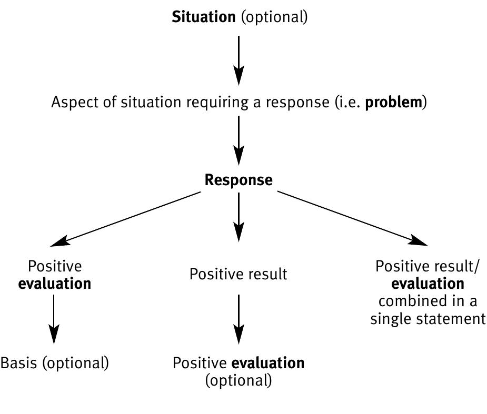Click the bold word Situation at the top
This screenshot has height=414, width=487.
[x=204, y=17]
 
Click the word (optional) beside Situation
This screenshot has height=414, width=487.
[x=274, y=17]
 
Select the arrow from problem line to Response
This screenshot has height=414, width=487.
[x=238, y=139]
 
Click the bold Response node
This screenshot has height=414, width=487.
[x=238, y=180]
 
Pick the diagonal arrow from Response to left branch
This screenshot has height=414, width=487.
[x=126, y=218]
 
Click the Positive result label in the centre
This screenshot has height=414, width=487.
[x=238, y=274]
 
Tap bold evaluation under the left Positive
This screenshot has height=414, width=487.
[x=55, y=284]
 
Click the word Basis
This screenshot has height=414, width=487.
[x=18, y=363]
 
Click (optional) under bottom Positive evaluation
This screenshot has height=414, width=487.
[x=238, y=380]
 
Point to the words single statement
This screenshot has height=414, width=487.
[x=428, y=319]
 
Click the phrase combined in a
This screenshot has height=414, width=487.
[x=428, y=301]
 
